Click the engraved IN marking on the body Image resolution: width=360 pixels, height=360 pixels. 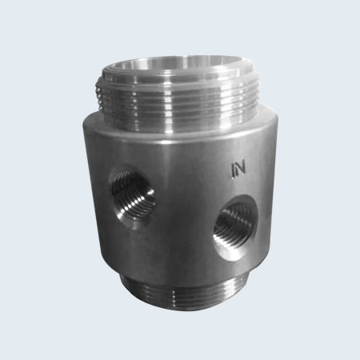point(238,170)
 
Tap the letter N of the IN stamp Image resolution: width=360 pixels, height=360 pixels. point(240,169)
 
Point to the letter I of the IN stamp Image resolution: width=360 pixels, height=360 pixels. point(232,170)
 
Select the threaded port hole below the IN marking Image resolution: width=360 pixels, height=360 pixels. point(236,227)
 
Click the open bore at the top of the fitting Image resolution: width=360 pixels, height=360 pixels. point(181,66)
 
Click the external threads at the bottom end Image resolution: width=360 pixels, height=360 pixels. point(184,294)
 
